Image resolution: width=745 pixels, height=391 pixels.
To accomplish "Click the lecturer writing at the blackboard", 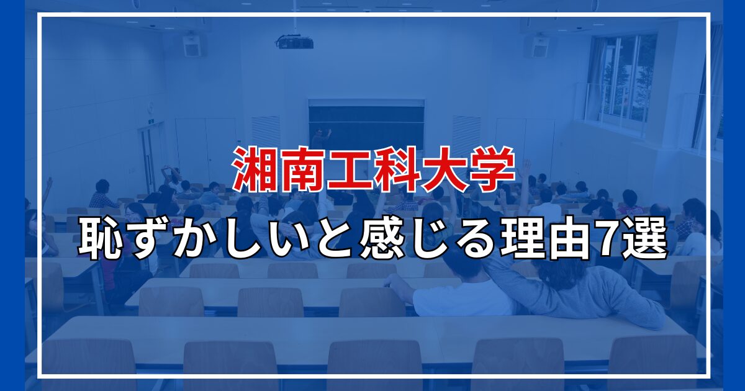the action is click(320, 138).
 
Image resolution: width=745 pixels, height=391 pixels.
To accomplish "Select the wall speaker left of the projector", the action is click(192, 45).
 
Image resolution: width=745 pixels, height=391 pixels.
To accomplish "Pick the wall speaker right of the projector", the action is click(536, 47).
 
